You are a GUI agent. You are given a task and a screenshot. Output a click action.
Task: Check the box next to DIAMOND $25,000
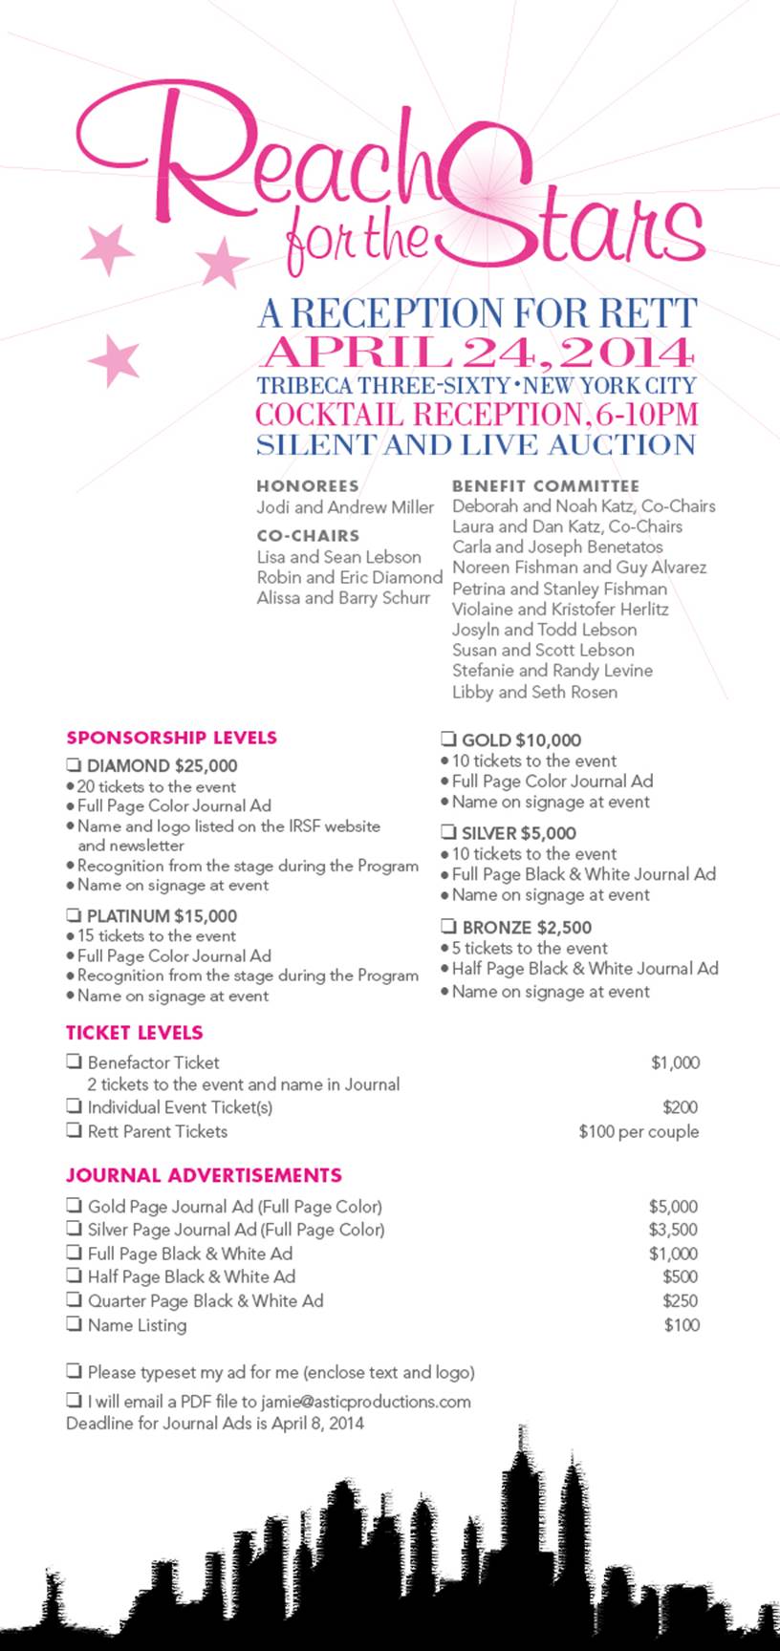tap(73, 764)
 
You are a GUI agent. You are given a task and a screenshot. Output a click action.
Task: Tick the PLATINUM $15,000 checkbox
tap(73, 915)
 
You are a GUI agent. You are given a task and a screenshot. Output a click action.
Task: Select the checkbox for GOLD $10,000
tap(447, 739)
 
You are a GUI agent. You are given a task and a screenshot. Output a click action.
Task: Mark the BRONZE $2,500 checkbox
tap(447, 926)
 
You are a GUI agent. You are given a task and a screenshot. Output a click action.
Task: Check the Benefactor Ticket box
tap(74, 1061)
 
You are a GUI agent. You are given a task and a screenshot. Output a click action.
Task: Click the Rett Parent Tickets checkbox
tap(74, 1130)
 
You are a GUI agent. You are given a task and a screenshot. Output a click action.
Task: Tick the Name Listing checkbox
tap(74, 1323)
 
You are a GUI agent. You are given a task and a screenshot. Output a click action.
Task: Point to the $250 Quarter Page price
tap(680, 1300)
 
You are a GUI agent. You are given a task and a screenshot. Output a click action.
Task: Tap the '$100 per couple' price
tap(639, 1131)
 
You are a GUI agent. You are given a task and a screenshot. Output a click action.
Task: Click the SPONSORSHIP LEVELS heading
tap(171, 738)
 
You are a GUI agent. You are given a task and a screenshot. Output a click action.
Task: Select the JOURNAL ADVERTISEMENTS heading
tap(204, 1175)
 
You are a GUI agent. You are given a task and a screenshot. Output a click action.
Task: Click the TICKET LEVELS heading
tap(135, 1033)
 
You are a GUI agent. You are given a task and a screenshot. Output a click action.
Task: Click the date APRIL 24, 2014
tap(476, 353)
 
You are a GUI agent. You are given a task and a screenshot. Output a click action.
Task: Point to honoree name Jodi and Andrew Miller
tap(345, 507)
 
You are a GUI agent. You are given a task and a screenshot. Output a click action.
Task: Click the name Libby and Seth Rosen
tap(534, 692)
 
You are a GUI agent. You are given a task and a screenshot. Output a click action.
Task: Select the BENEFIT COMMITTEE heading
tap(546, 485)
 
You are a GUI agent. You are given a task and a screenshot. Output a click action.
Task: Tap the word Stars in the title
tap(574, 215)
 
